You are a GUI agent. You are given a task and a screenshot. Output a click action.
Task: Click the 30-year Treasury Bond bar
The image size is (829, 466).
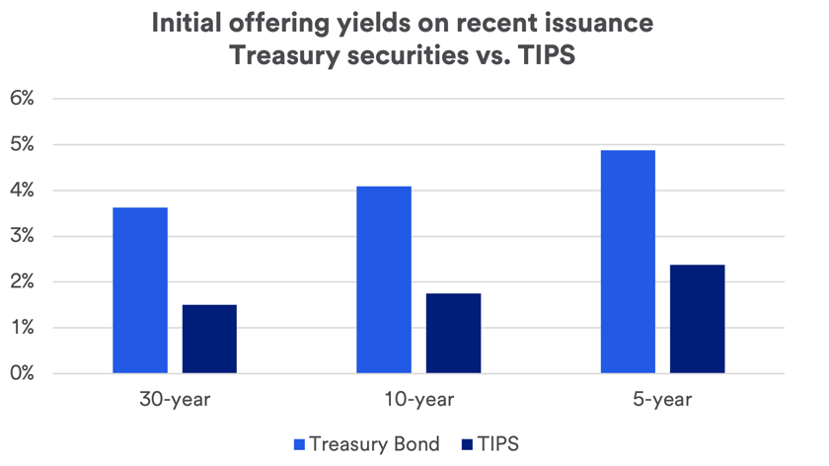tap(140, 290)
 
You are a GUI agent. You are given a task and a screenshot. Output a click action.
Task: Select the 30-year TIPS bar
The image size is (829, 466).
tap(209, 339)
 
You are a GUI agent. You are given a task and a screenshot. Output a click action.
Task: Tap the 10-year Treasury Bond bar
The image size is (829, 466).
tap(384, 279)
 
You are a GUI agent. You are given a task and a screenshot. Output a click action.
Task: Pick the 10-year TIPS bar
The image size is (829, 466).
tap(453, 333)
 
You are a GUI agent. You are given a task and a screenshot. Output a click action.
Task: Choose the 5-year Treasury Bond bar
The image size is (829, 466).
tap(628, 262)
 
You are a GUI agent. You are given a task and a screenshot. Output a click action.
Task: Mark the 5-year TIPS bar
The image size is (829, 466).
tap(697, 319)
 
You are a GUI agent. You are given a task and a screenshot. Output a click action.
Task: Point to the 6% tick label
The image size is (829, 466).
tap(23, 99)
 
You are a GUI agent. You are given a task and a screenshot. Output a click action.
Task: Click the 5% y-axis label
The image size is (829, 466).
tap(23, 144)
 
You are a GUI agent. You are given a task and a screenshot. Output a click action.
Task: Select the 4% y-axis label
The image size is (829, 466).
tap(23, 191)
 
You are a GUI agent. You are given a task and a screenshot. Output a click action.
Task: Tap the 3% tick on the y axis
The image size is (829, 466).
tap(23, 236)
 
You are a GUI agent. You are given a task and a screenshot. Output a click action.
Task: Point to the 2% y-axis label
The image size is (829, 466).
tap(23, 282)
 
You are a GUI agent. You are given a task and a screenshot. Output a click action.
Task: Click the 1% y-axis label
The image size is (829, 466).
tap(23, 328)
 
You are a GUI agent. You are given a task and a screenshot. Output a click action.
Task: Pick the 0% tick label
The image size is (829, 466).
tap(23, 374)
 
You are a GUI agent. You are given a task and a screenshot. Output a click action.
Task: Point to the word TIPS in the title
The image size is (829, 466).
tap(542, 56)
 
